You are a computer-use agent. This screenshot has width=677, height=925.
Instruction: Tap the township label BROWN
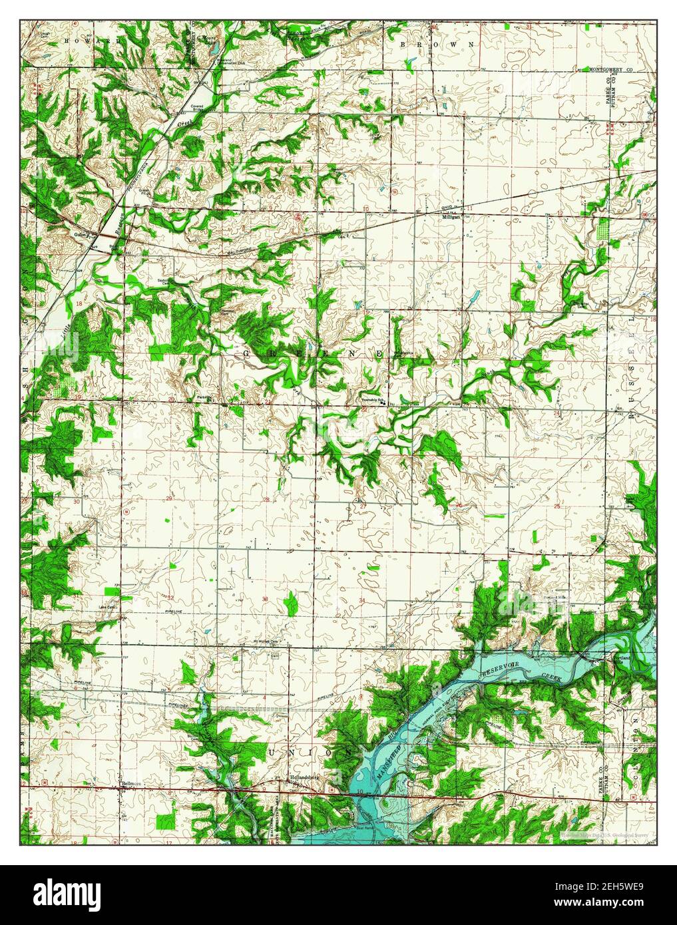[437, 44]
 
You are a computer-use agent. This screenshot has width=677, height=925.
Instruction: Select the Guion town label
[81, 234]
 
